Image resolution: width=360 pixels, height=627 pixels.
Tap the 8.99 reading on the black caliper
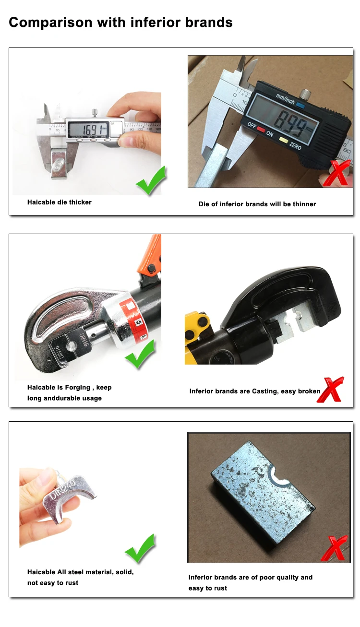tap(290, 123)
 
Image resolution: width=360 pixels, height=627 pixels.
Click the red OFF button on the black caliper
tap(261, 129)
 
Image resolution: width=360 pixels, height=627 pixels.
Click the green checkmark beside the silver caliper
tap(151, 180)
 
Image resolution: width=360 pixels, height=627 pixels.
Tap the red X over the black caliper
tap(337, 173)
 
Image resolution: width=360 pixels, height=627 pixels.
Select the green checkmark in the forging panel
tap(140, 354)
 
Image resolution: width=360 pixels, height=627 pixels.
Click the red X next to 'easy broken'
tap(330, 390)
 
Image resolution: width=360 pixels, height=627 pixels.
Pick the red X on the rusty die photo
tap(334, 549)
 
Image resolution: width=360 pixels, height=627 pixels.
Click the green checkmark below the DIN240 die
tap(140, 549)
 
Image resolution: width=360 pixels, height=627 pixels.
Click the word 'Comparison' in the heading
tap(50, 23)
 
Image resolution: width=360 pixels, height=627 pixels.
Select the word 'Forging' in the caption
tap(78, 388)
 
